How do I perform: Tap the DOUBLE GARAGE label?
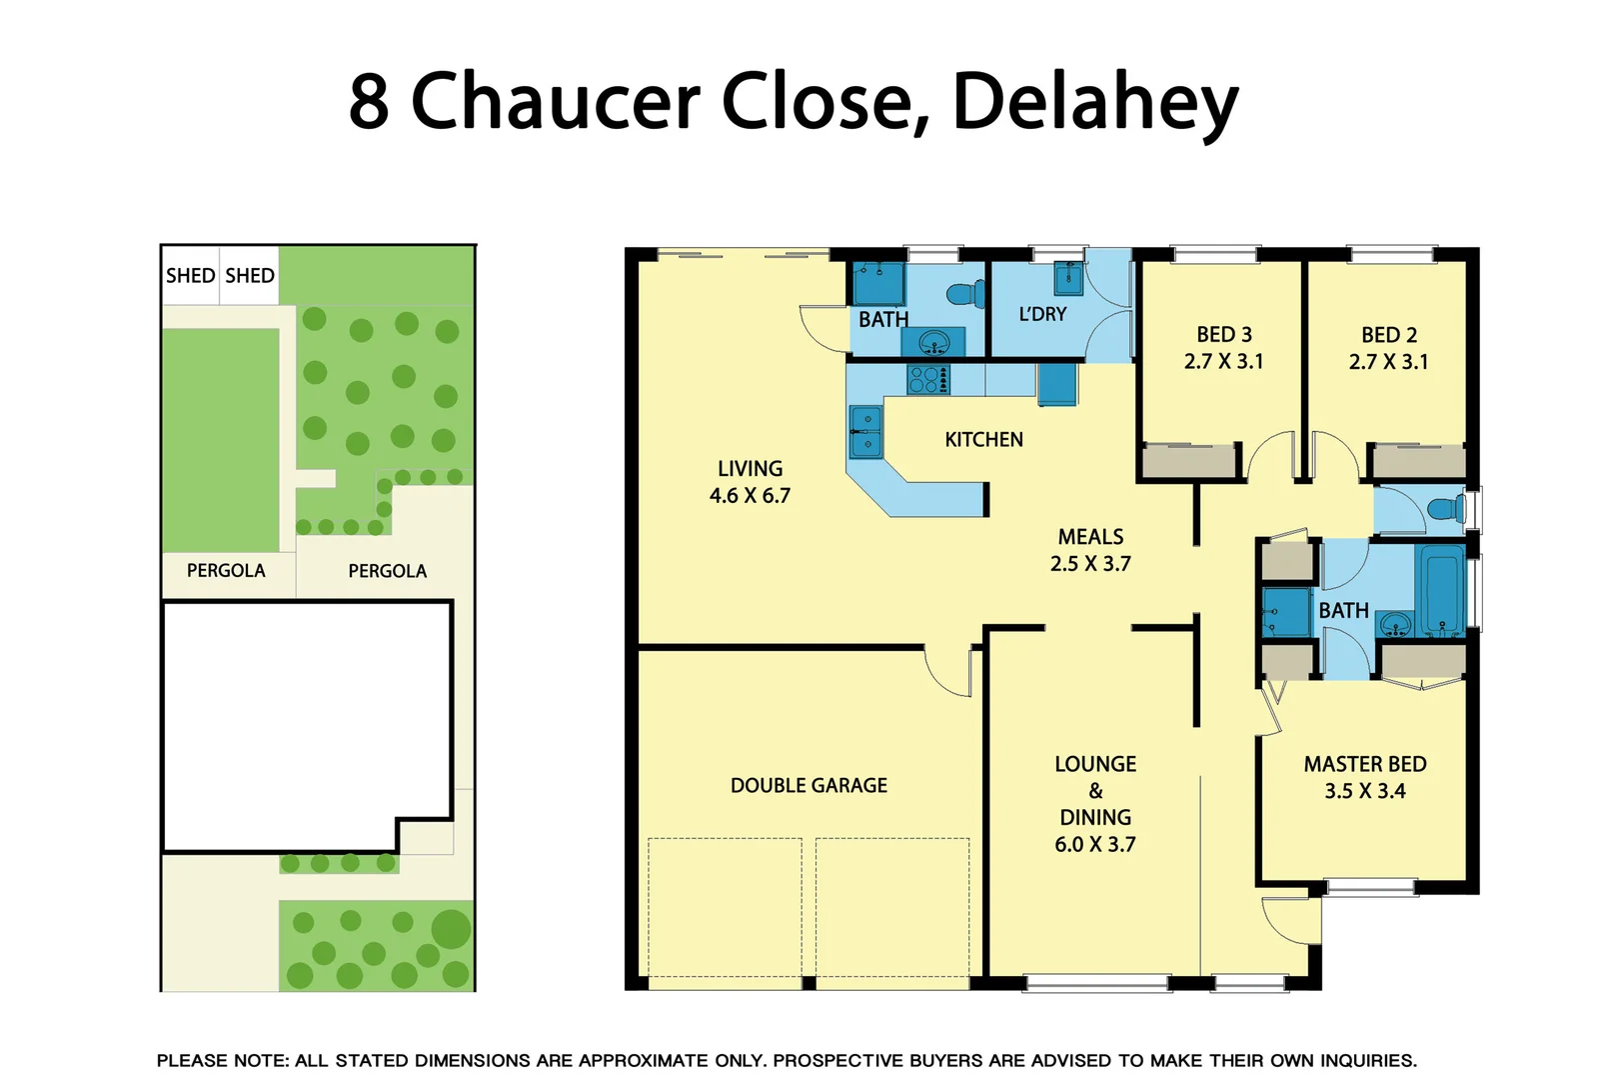(x=809, y=786)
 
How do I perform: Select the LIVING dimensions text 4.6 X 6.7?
(x=750, y=496)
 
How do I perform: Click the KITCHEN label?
(x=983, y=440)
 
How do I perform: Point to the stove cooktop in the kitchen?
(x=927, y=380)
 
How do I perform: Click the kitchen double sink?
(x=865, y=431)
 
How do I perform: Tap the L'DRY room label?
(x=1041, y=315)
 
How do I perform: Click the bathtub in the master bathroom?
(x=1440, y=590)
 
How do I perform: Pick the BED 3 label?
(x=1223, y=335)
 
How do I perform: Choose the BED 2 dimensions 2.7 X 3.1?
(x=1388, y=362)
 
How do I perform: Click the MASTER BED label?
(x=1364, y=765)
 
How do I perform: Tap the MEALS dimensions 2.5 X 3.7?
(x=1090, y=564)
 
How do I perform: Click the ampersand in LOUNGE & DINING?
(x=1095, y=791)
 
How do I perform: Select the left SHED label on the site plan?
(x=190, y=276)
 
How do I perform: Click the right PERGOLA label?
(x=387, y=571)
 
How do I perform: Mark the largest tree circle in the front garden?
(x=451, y=929)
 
